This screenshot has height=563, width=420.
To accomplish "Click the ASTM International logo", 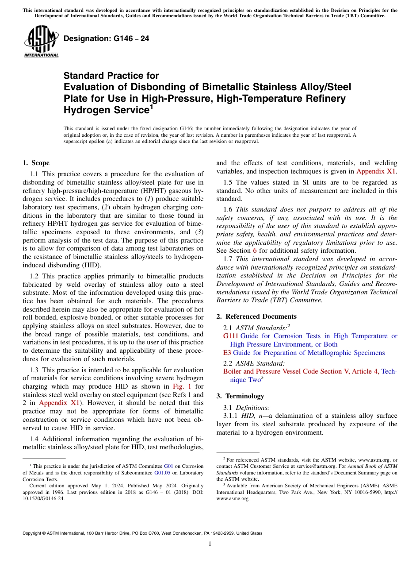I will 41,42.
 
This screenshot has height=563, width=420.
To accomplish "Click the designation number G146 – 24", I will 106,39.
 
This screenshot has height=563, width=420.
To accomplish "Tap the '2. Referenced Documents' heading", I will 256,316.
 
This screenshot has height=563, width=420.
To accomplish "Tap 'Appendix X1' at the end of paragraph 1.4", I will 376,171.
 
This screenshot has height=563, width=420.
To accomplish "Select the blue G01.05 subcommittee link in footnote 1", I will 176,472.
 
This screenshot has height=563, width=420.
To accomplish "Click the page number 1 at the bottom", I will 210,544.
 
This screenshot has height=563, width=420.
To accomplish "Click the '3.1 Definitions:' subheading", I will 246,407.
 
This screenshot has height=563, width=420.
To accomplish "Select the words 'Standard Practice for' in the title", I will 111,76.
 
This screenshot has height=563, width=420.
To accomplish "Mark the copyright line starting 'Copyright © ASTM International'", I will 142,533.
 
